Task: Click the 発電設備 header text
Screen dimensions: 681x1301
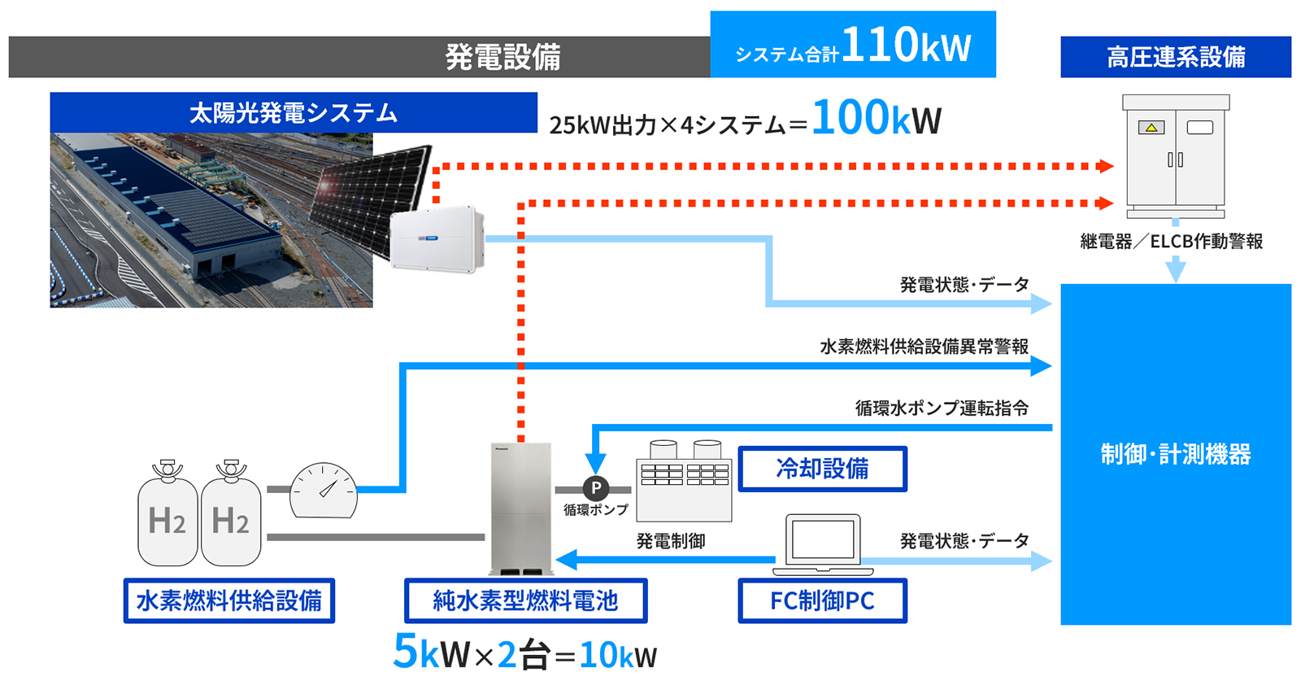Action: coord(503,57)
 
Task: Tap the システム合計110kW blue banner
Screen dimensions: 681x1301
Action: coord(852,46)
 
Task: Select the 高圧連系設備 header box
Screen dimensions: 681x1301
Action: coord(1175,57)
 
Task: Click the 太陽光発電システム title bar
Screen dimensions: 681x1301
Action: coord(294,112)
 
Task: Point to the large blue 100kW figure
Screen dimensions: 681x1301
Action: coord(875,119)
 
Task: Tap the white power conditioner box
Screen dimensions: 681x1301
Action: coord(437,238)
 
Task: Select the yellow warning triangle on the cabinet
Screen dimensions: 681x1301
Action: coord(1151,128)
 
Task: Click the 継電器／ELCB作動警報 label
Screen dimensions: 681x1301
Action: coord(1171,242)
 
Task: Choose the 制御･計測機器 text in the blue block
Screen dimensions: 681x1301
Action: coord(1175,454)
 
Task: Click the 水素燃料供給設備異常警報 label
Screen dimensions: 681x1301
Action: coord(924,347)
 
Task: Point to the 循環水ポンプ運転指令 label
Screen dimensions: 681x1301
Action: coord(942,408)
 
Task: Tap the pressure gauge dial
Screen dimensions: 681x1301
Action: coord(324,491)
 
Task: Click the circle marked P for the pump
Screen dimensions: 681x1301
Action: coord(596,488)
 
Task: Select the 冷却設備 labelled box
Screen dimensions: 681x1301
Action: coord(822,469)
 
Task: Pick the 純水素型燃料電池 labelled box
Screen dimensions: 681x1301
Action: coord(525,600)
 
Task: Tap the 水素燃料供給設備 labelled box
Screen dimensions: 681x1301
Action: coord(228,600)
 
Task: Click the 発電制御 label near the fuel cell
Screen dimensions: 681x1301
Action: coord(670,541)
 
